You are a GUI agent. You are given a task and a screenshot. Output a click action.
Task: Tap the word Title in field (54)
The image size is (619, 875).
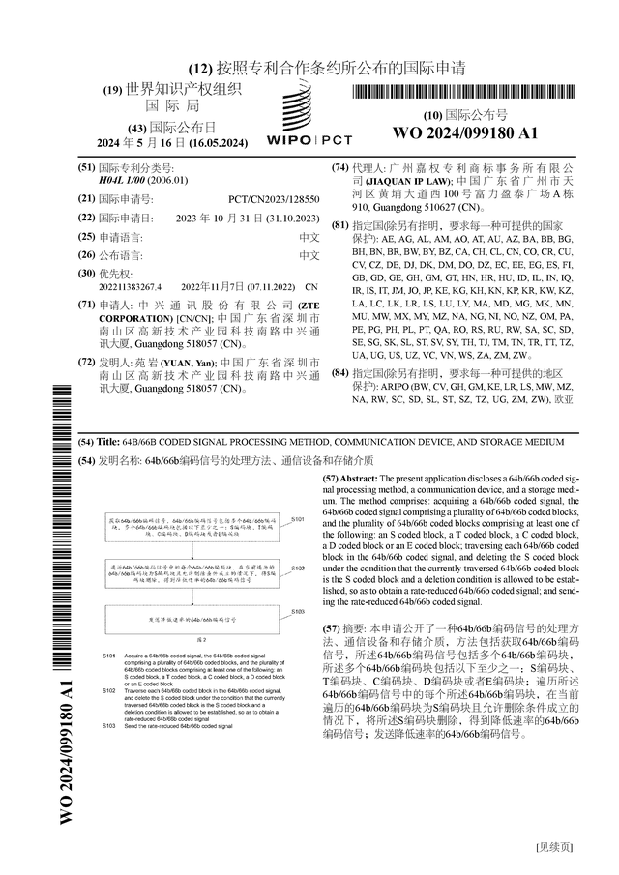click(107, 442)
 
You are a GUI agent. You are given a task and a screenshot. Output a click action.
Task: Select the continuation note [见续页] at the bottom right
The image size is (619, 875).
click(555, 847)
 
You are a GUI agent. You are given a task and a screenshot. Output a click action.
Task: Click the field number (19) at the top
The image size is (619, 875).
click(112, 90)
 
